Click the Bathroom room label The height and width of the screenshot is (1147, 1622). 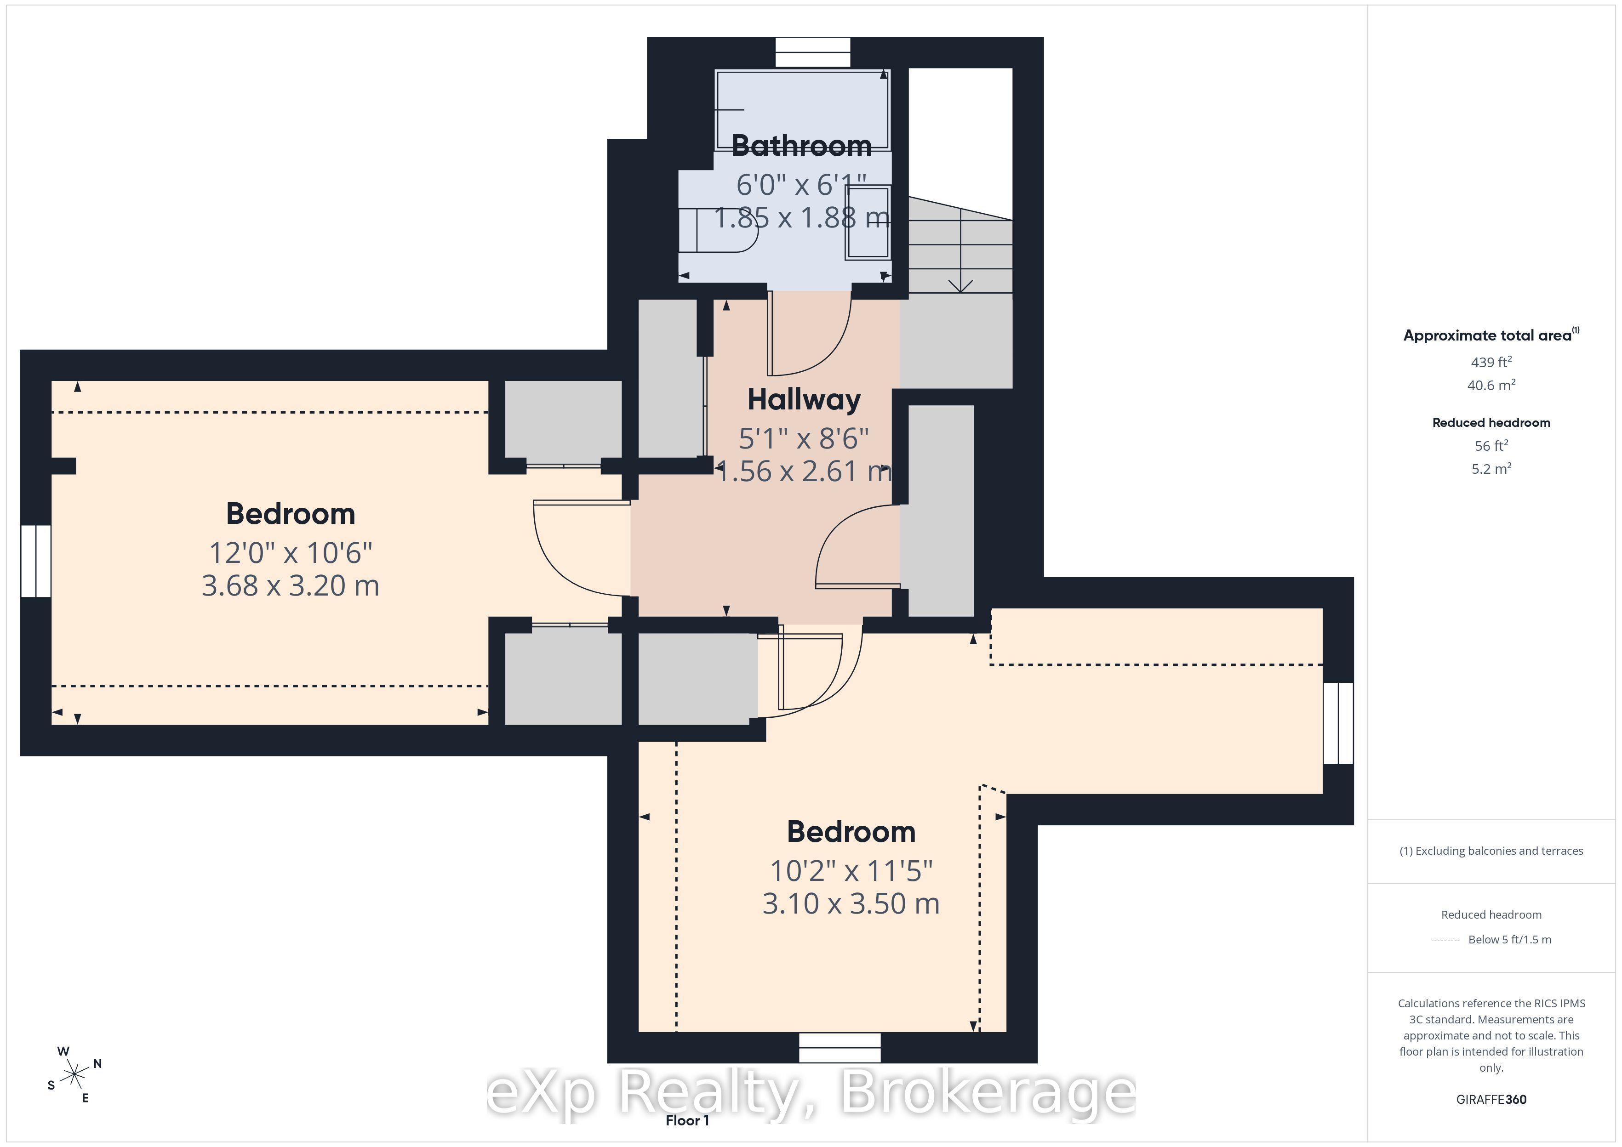tap(802, 146)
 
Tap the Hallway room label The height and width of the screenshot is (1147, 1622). tap(804, 400)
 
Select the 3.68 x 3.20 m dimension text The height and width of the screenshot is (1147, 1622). tap(291, 585)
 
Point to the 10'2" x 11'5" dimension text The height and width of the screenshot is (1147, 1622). tap(851, 871)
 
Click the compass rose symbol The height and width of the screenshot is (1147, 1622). tap(74, 1075)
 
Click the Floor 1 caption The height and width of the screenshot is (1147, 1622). tap(687, 1120)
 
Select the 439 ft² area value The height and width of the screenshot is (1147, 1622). tap(1491, 362)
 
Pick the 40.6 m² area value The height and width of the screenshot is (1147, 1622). tap(1491, 385)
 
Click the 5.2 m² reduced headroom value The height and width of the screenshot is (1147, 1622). tap(1491, 468)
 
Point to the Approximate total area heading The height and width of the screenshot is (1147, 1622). tap(1491, 335)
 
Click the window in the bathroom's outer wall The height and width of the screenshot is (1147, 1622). tap(812, 52)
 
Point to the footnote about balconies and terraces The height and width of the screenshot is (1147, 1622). tap(1491, 851)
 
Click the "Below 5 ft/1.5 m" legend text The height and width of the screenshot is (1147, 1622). tap(1510, 939)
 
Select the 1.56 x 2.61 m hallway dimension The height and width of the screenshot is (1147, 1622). tap(804, 471)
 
